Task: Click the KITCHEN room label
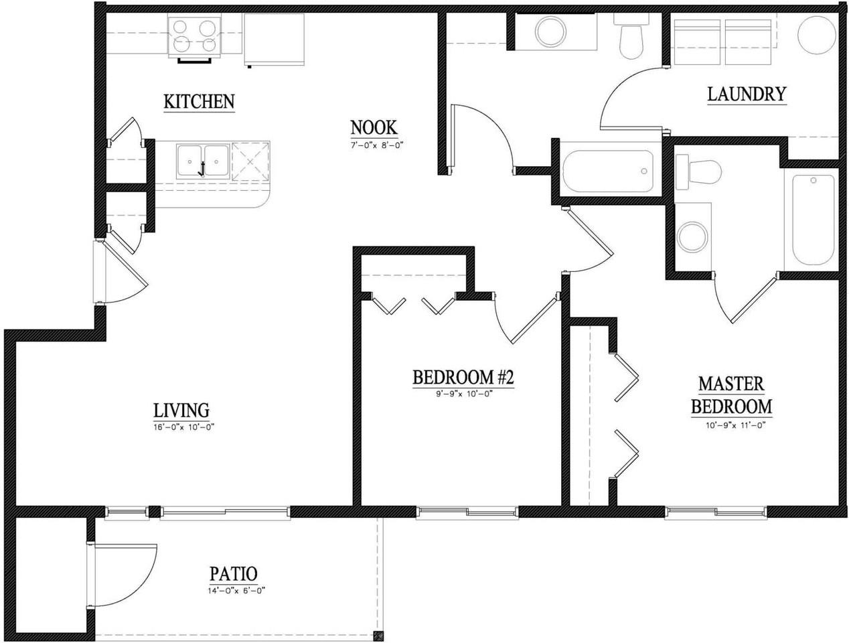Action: pyautogui.click(x=199, y=102)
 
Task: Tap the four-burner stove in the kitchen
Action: pyautogui.click(x=196, y=36)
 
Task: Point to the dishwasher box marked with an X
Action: pyautogui.click(x=250, y=161)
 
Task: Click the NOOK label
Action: pyautogui.click(x=374, y=127)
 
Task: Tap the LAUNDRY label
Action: pyautogui.click(x=746, y=94)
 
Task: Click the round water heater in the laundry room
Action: pyautogui.click(x=816, y=35)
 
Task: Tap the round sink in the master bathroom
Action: pyautogui.click(x=690, y=236)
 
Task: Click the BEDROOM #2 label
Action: pyautogui.click(x=463, y=378)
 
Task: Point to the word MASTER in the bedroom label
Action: pyautogui.click(x=731, y=384)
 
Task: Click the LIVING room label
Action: pyautogui.click(x=181, y=410)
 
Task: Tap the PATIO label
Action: pyautogui.click(x=233, y=574)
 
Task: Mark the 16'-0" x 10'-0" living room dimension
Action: pyautogui.click(x=183, y=427)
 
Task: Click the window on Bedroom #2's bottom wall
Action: pyautogui.click(x=467, y=513)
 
